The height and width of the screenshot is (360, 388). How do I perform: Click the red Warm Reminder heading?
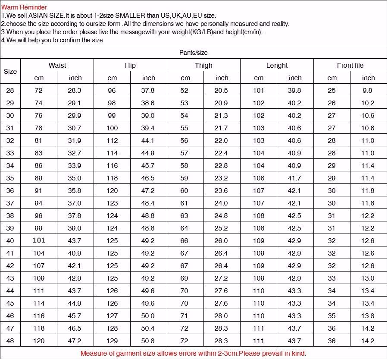coord(24,7)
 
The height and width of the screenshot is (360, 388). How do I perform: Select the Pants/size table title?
coord(193,53)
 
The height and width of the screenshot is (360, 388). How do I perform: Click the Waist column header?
coord(57,66)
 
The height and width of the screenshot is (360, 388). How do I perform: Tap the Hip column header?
coord(130,66)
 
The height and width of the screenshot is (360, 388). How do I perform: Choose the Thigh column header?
coord(203,66)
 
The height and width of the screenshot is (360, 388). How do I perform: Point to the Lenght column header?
coord(277,66)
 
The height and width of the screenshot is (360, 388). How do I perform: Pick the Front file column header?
coord(350,66)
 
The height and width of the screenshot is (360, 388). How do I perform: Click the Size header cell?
coord(10,72)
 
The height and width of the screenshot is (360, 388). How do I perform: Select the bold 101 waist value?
coord(39,240)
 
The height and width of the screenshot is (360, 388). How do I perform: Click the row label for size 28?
coord(10,91)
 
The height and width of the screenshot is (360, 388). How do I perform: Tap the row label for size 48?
coord(10,341)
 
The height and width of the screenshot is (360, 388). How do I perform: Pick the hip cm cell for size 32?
coord(112,141)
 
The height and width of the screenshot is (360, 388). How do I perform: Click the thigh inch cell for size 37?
coord(222,203)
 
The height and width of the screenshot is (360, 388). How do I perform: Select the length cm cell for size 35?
coord(259,178)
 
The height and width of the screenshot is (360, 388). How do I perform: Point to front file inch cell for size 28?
coord(368,91)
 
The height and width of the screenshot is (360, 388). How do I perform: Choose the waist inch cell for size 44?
coord(75,291)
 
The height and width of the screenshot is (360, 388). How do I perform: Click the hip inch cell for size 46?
coord(148,316)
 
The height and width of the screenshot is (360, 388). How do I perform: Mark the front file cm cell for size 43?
coord(332,278)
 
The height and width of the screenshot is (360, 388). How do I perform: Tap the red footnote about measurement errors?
coord(193,353)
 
